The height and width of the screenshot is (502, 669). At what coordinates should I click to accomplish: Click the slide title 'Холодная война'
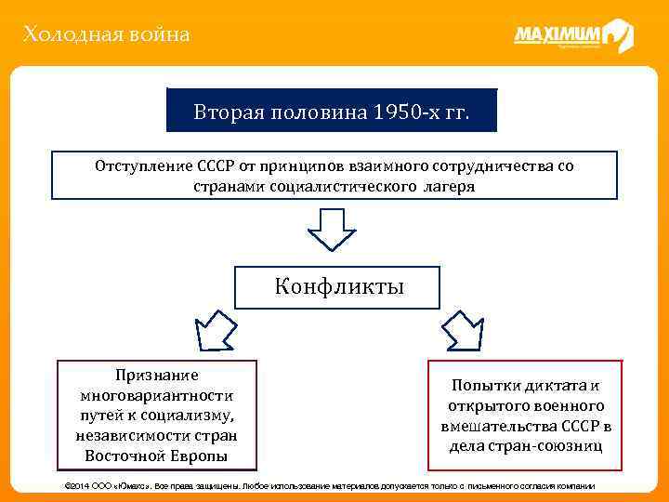(107, 35)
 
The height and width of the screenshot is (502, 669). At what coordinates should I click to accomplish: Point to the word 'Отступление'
(143, 165)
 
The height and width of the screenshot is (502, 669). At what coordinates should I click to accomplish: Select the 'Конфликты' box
(338, 286)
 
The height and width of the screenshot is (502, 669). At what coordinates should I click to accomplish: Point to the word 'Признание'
(157, 376)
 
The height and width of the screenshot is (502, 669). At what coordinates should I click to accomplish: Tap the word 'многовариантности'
(157, 395)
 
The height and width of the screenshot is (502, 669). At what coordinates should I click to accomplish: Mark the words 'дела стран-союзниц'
(526, 445)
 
